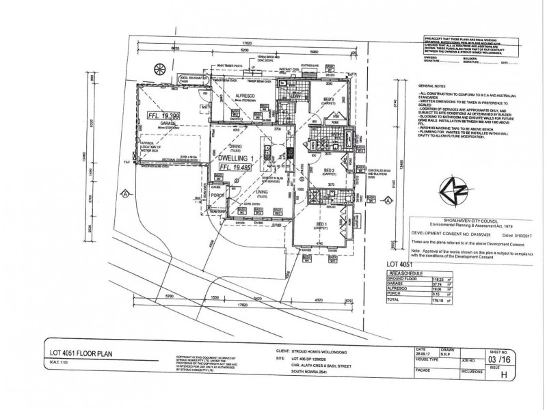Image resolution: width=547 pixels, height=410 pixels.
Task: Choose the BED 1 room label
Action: [322, 225]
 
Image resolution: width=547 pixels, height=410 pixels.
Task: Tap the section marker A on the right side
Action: [388, 201]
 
